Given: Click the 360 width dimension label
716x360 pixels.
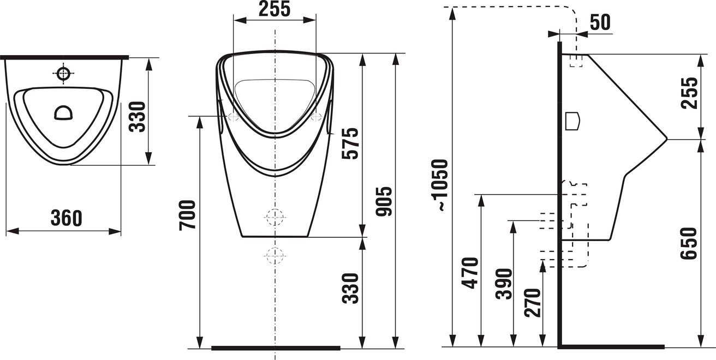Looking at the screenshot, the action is point(67,218).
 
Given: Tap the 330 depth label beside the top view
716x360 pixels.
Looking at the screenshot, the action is point(137,117).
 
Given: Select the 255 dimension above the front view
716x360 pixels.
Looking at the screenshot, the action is point(275,9).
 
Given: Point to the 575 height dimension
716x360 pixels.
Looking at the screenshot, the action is point(350,143).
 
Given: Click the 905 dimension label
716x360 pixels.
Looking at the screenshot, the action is point(384,201).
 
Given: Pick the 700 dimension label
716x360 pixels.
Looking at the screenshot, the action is point(187,215).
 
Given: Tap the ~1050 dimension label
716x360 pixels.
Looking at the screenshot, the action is point(439,185).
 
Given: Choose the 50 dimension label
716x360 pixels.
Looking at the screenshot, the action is point(600,22).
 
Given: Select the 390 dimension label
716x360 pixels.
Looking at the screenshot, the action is point(504,284).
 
